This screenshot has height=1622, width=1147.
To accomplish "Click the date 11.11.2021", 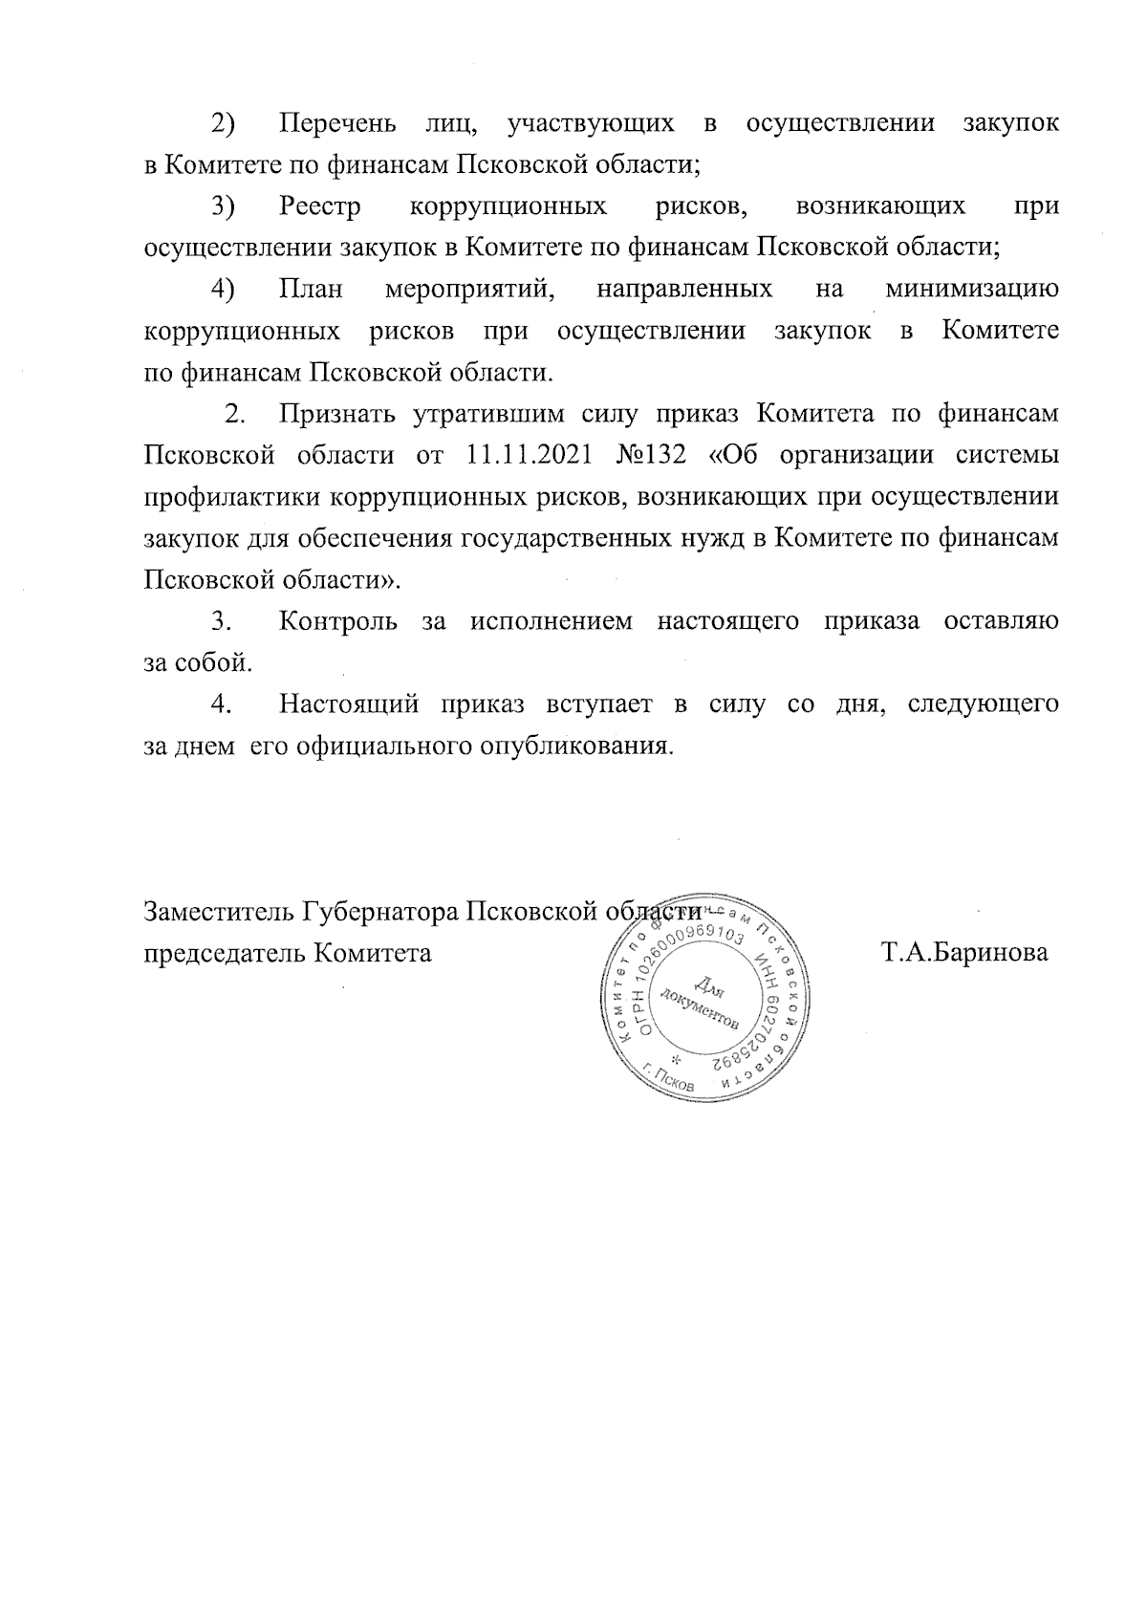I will click(529, 454).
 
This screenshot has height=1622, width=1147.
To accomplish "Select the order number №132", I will click(647, 454).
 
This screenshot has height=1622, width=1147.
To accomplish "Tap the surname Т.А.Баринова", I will click(964, 952).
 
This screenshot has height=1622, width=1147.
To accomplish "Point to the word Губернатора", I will click(379, 911).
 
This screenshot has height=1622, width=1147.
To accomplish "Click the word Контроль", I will click(337, 622).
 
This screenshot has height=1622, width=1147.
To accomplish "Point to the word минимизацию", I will click(972, 289).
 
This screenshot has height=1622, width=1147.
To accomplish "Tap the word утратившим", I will click(491, 413).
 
